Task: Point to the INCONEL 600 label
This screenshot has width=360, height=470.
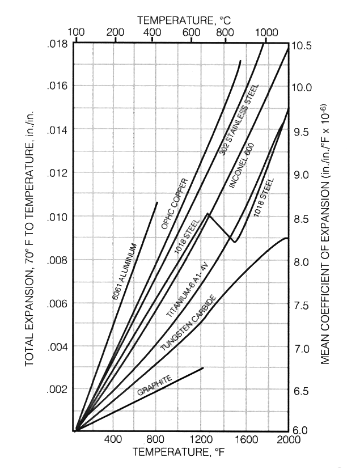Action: [241, 166]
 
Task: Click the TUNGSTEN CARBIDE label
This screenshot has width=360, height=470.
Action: [189, 323]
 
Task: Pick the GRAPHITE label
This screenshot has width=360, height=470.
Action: [154, 385]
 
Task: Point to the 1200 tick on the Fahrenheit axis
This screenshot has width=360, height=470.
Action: [201, 439]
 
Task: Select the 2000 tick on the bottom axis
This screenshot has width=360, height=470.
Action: [289, 439]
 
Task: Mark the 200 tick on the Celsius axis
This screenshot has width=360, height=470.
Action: [115, 32]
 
